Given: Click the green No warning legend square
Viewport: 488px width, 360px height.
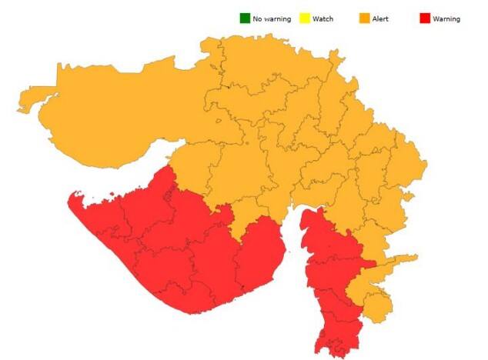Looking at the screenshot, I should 245,18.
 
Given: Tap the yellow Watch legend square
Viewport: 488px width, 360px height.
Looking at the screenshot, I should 305,18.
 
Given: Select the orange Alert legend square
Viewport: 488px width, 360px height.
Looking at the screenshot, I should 364,18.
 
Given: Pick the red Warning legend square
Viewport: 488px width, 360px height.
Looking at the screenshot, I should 424,18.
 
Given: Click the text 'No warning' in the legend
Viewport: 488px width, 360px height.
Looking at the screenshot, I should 272,18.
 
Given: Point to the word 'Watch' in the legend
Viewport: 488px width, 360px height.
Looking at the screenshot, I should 323,18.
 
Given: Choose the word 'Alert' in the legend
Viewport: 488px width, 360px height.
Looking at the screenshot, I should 380,18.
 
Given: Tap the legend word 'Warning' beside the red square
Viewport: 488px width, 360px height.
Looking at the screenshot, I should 446,18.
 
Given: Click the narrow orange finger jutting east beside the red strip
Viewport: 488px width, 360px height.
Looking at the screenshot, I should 404,258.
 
